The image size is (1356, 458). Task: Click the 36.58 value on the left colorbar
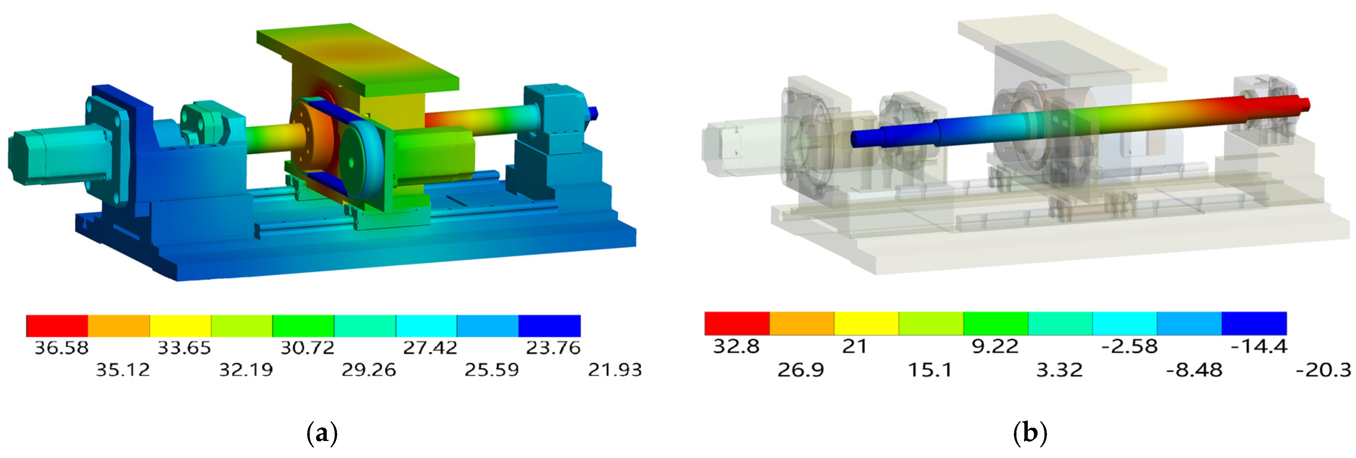(x=62, y=348)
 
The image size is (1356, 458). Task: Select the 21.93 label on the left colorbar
(x=615, y=370)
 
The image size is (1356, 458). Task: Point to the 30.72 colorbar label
(x=307, y=348)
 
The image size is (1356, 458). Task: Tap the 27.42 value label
(x=430, y=348)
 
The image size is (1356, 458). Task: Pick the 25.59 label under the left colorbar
(x=492, y=370)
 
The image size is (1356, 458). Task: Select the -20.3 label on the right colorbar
(x=1323, y=370)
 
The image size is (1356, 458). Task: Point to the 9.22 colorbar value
(x=995, y=346)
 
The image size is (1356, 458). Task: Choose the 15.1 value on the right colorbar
(x=930, y=370)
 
